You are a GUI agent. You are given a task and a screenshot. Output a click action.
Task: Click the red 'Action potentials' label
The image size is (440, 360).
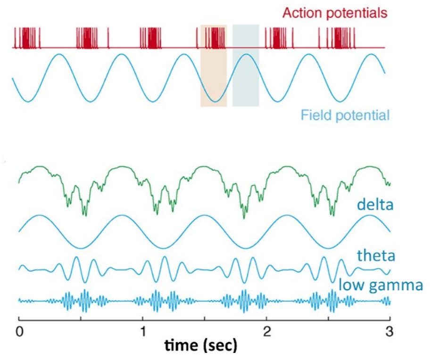(x=335, y=13)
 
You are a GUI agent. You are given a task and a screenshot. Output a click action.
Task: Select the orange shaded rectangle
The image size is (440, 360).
(x=213, y=66)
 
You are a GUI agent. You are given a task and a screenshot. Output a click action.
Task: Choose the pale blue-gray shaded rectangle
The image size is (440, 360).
(x=246, y=66)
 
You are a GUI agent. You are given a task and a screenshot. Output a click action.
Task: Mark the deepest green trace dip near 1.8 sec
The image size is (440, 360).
(x=244, y=217)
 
